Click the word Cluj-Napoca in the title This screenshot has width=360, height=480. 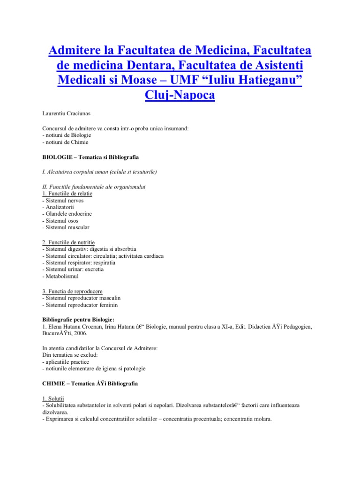coord(180,95)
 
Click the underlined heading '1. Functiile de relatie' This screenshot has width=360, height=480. coord(67,193)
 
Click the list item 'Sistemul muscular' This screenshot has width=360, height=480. coord(66,227)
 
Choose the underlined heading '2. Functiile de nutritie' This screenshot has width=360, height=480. coord(68,242)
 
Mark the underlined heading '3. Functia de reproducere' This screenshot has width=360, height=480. coord(72,291)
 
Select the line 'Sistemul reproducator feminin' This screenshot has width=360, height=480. coord(80,305)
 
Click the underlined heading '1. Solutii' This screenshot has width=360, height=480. coord(52,397)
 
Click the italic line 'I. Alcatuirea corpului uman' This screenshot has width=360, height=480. coord(99,172)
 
